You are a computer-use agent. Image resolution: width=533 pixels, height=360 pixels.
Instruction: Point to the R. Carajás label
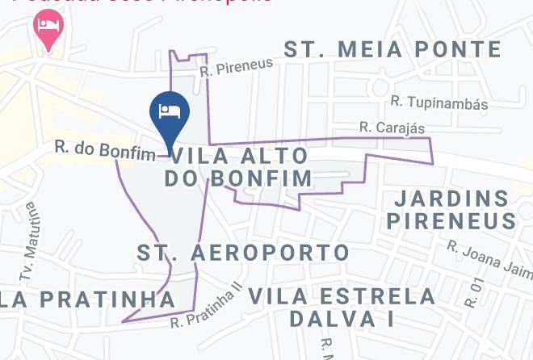click(x=392, y=128)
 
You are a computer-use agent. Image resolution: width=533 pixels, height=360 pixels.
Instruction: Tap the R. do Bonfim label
click(x=105, y=151)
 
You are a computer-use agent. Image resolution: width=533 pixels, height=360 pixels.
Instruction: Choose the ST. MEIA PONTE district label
click(x=392, y=49)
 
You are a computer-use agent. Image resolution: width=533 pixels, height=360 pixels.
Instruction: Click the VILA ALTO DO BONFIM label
click(x=238, y=166)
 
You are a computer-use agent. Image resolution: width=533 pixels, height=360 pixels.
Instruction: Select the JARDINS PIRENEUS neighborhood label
click(x=451, y=209)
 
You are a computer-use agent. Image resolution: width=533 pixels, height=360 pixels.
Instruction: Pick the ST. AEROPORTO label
click(x=243, y=253)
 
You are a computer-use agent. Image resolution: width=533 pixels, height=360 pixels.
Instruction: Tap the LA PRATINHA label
click(x=87, y=299)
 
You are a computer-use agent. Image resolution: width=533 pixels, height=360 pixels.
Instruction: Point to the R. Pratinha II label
click(x=207, y=308)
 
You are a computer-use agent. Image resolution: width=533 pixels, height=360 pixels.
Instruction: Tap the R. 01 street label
click(x=475, y=292)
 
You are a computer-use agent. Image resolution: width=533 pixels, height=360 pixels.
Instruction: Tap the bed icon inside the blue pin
click(x=170, y=111)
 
